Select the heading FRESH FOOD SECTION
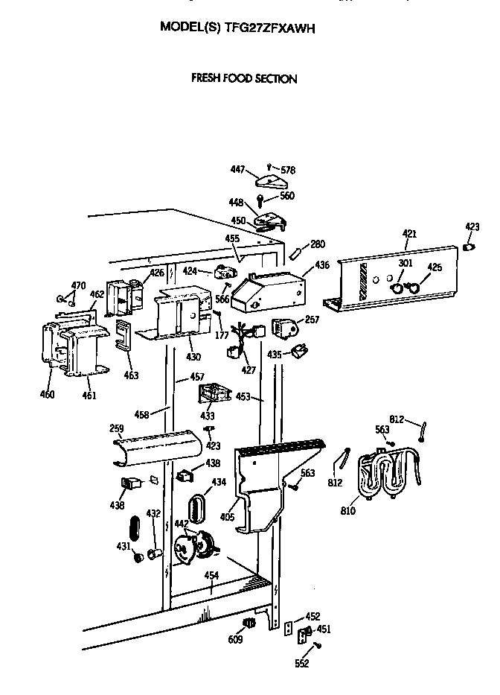pyautogui.click(x=244, y=78)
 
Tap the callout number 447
pyautogui.click(x=238, y=171)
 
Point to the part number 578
pyautogui.click(x=287, y=171)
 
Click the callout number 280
pyautogui.click(x=318, y=244)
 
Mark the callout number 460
pyautogui.click(x=47, y=394)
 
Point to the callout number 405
pyautogui.click(x=228, y=516)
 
